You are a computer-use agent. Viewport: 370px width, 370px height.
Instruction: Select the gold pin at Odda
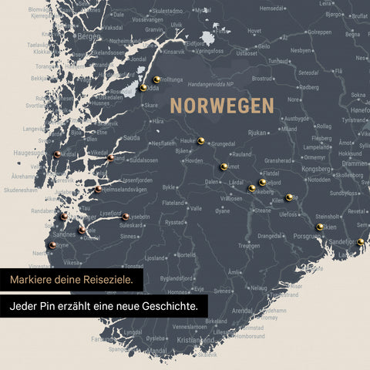pos(143,88)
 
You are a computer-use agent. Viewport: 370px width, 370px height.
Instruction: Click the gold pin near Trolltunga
pos(156,79)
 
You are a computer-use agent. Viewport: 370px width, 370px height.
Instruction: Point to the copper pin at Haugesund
pos(58,154)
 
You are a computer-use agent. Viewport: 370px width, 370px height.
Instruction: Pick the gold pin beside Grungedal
pos(201,140)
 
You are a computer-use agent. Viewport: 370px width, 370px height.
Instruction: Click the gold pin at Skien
pos(319,227)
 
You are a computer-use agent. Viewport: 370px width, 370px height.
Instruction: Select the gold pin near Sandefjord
pos(360,241)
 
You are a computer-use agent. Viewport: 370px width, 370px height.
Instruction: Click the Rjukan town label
pos(257,133)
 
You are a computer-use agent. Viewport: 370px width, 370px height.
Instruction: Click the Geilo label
pos(264,45)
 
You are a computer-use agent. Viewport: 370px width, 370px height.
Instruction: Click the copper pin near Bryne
pos(52,245)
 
